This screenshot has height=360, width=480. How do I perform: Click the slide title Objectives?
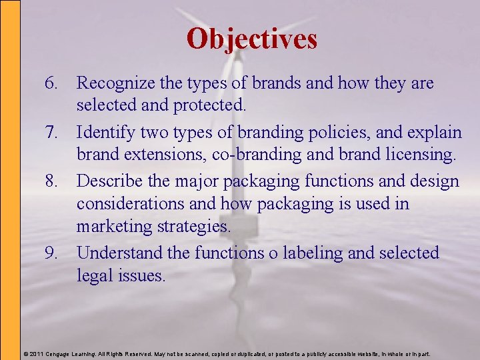252,39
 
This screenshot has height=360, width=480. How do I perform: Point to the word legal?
94,275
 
